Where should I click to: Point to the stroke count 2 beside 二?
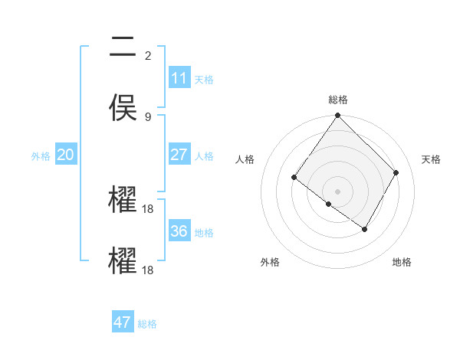click(147, 55)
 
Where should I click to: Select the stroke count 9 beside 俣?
click(147, 116)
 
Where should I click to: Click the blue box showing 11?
click(179, 78)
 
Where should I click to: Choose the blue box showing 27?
click(179, 155)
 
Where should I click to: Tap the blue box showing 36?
click(179, 231)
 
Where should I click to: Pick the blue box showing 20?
click(65, 155)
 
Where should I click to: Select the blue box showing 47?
click(123, 322)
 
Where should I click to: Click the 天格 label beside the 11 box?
click(204, 79)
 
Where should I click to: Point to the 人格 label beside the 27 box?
click(204, 155)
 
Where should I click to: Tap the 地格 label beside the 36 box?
click(204, 232)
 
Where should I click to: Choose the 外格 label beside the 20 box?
click(41, 155)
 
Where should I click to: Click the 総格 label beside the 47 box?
click(147, 323)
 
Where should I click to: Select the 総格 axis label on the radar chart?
click(337, 99)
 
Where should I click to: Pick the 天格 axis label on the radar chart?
click(431, 159)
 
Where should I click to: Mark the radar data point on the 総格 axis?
click(337, 116)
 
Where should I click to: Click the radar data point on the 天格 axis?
click(396, 172)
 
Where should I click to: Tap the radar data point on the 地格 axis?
click(365, 229)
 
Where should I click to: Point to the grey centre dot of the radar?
click(337, 191)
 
